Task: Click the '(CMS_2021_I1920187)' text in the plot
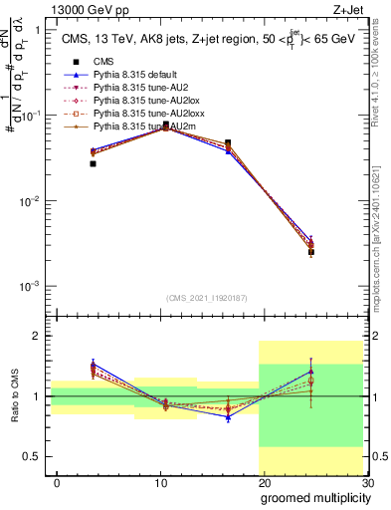[207, 298]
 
